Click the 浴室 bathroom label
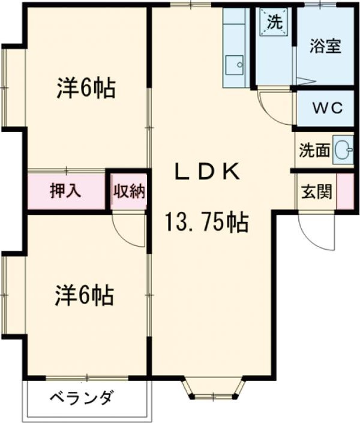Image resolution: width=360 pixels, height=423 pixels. click(325, 46)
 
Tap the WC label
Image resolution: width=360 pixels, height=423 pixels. click(328, 108)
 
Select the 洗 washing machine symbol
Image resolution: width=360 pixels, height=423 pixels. click(274, 22)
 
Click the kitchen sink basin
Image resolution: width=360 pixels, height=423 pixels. click(235, 65)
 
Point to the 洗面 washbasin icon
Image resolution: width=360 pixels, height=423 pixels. click(343, 150)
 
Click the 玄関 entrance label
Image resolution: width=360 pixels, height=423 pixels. click(317, 192)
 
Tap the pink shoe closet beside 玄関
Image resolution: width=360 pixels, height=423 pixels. click(345, 191)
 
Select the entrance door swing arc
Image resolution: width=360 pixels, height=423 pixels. click(308, 235)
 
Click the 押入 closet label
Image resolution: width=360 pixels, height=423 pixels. click(65, 191)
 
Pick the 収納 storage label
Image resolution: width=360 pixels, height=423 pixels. click(129, 191)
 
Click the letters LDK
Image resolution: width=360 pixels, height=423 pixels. click(207, 172)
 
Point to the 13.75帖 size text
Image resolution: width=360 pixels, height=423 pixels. click(207, 222)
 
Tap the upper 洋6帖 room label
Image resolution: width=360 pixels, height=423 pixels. click(86, 88)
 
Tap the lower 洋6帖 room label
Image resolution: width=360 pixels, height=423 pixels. click(85, 295)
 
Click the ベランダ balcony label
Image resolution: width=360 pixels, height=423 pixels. click(81, 397)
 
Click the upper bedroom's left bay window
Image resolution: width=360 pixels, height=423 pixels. click(13, 87)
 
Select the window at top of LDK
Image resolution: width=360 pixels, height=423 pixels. click(191, 5)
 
